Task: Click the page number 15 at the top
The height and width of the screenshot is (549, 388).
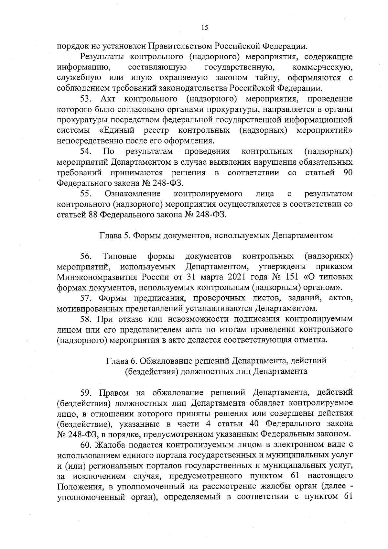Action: point(204,28)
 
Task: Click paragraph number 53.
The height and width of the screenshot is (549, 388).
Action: point(87,98)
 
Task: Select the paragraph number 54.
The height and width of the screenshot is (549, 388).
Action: point(87,151)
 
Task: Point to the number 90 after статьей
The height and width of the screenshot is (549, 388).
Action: point(348,173)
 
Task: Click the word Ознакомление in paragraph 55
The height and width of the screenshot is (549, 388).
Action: point(133,194)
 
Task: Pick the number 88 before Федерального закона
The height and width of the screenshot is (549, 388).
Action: point(93,215)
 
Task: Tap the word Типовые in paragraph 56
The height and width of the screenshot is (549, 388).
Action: point(120,257)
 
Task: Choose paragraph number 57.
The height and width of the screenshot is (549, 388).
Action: point(87,298)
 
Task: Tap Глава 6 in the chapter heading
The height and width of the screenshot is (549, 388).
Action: point(122,361)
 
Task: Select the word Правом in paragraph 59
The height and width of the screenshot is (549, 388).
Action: point(114,393)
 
